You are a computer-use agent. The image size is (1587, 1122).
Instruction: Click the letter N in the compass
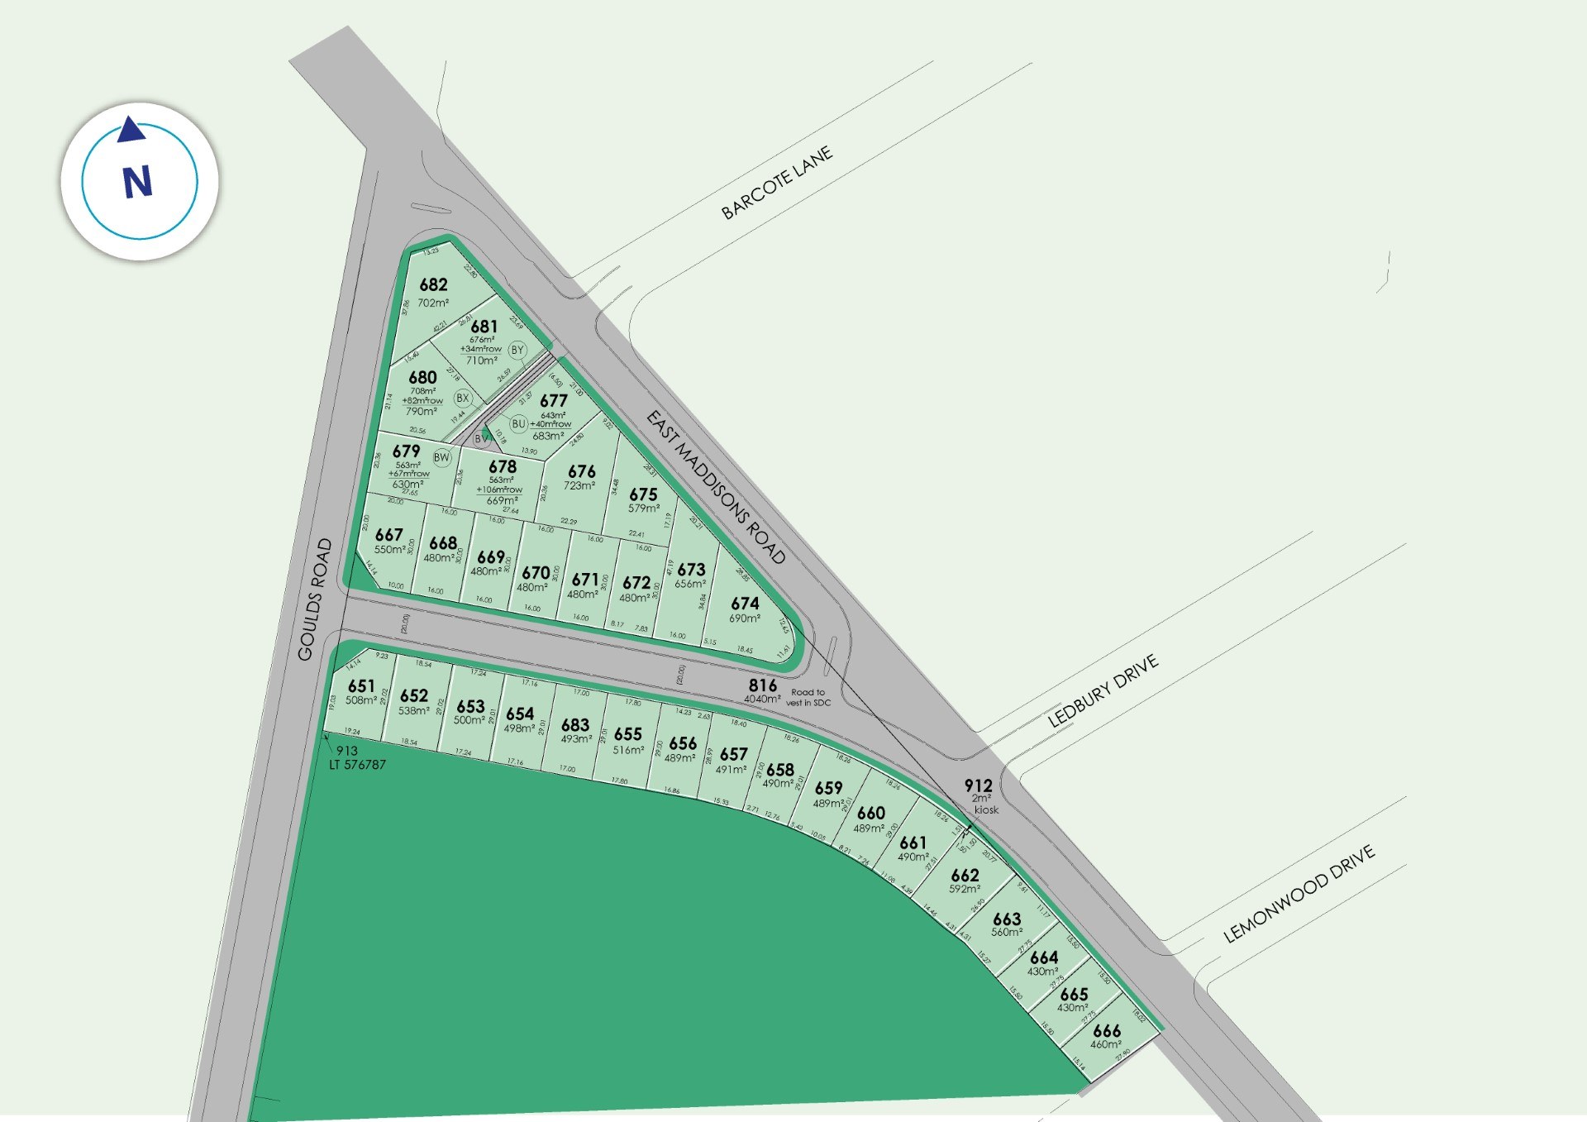click(138, 182)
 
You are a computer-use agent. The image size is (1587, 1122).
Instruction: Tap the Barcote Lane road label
click(776, 184)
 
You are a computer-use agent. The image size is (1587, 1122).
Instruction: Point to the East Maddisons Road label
click(716, 487)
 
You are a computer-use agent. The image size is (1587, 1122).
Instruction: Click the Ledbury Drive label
click(1103, 690)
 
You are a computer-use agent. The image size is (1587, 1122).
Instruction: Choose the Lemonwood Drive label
click(1299, 894)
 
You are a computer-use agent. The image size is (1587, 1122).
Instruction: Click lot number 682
click(433, 285)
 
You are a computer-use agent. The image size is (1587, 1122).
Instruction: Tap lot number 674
click(745, 604)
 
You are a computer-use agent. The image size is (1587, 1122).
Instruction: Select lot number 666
click(1107, 1031)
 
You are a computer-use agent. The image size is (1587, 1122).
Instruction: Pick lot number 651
click(361, 686)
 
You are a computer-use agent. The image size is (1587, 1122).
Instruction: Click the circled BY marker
click(517, 351)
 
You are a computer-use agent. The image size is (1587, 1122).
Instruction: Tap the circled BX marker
click(463, 398)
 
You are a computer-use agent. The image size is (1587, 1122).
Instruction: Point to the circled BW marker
click(442, 457)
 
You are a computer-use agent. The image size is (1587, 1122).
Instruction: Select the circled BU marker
click(518, 424)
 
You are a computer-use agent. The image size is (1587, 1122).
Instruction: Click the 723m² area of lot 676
click(579, 486)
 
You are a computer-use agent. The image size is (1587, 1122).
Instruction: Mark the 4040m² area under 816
click(761, 699)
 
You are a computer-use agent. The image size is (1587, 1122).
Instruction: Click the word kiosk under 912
click(986, 810)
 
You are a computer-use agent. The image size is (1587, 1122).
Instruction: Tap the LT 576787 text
click(358, 765)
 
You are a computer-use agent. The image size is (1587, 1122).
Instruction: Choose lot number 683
click(575, 725)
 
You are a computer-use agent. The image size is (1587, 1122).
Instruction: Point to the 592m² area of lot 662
click(965, 890)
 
